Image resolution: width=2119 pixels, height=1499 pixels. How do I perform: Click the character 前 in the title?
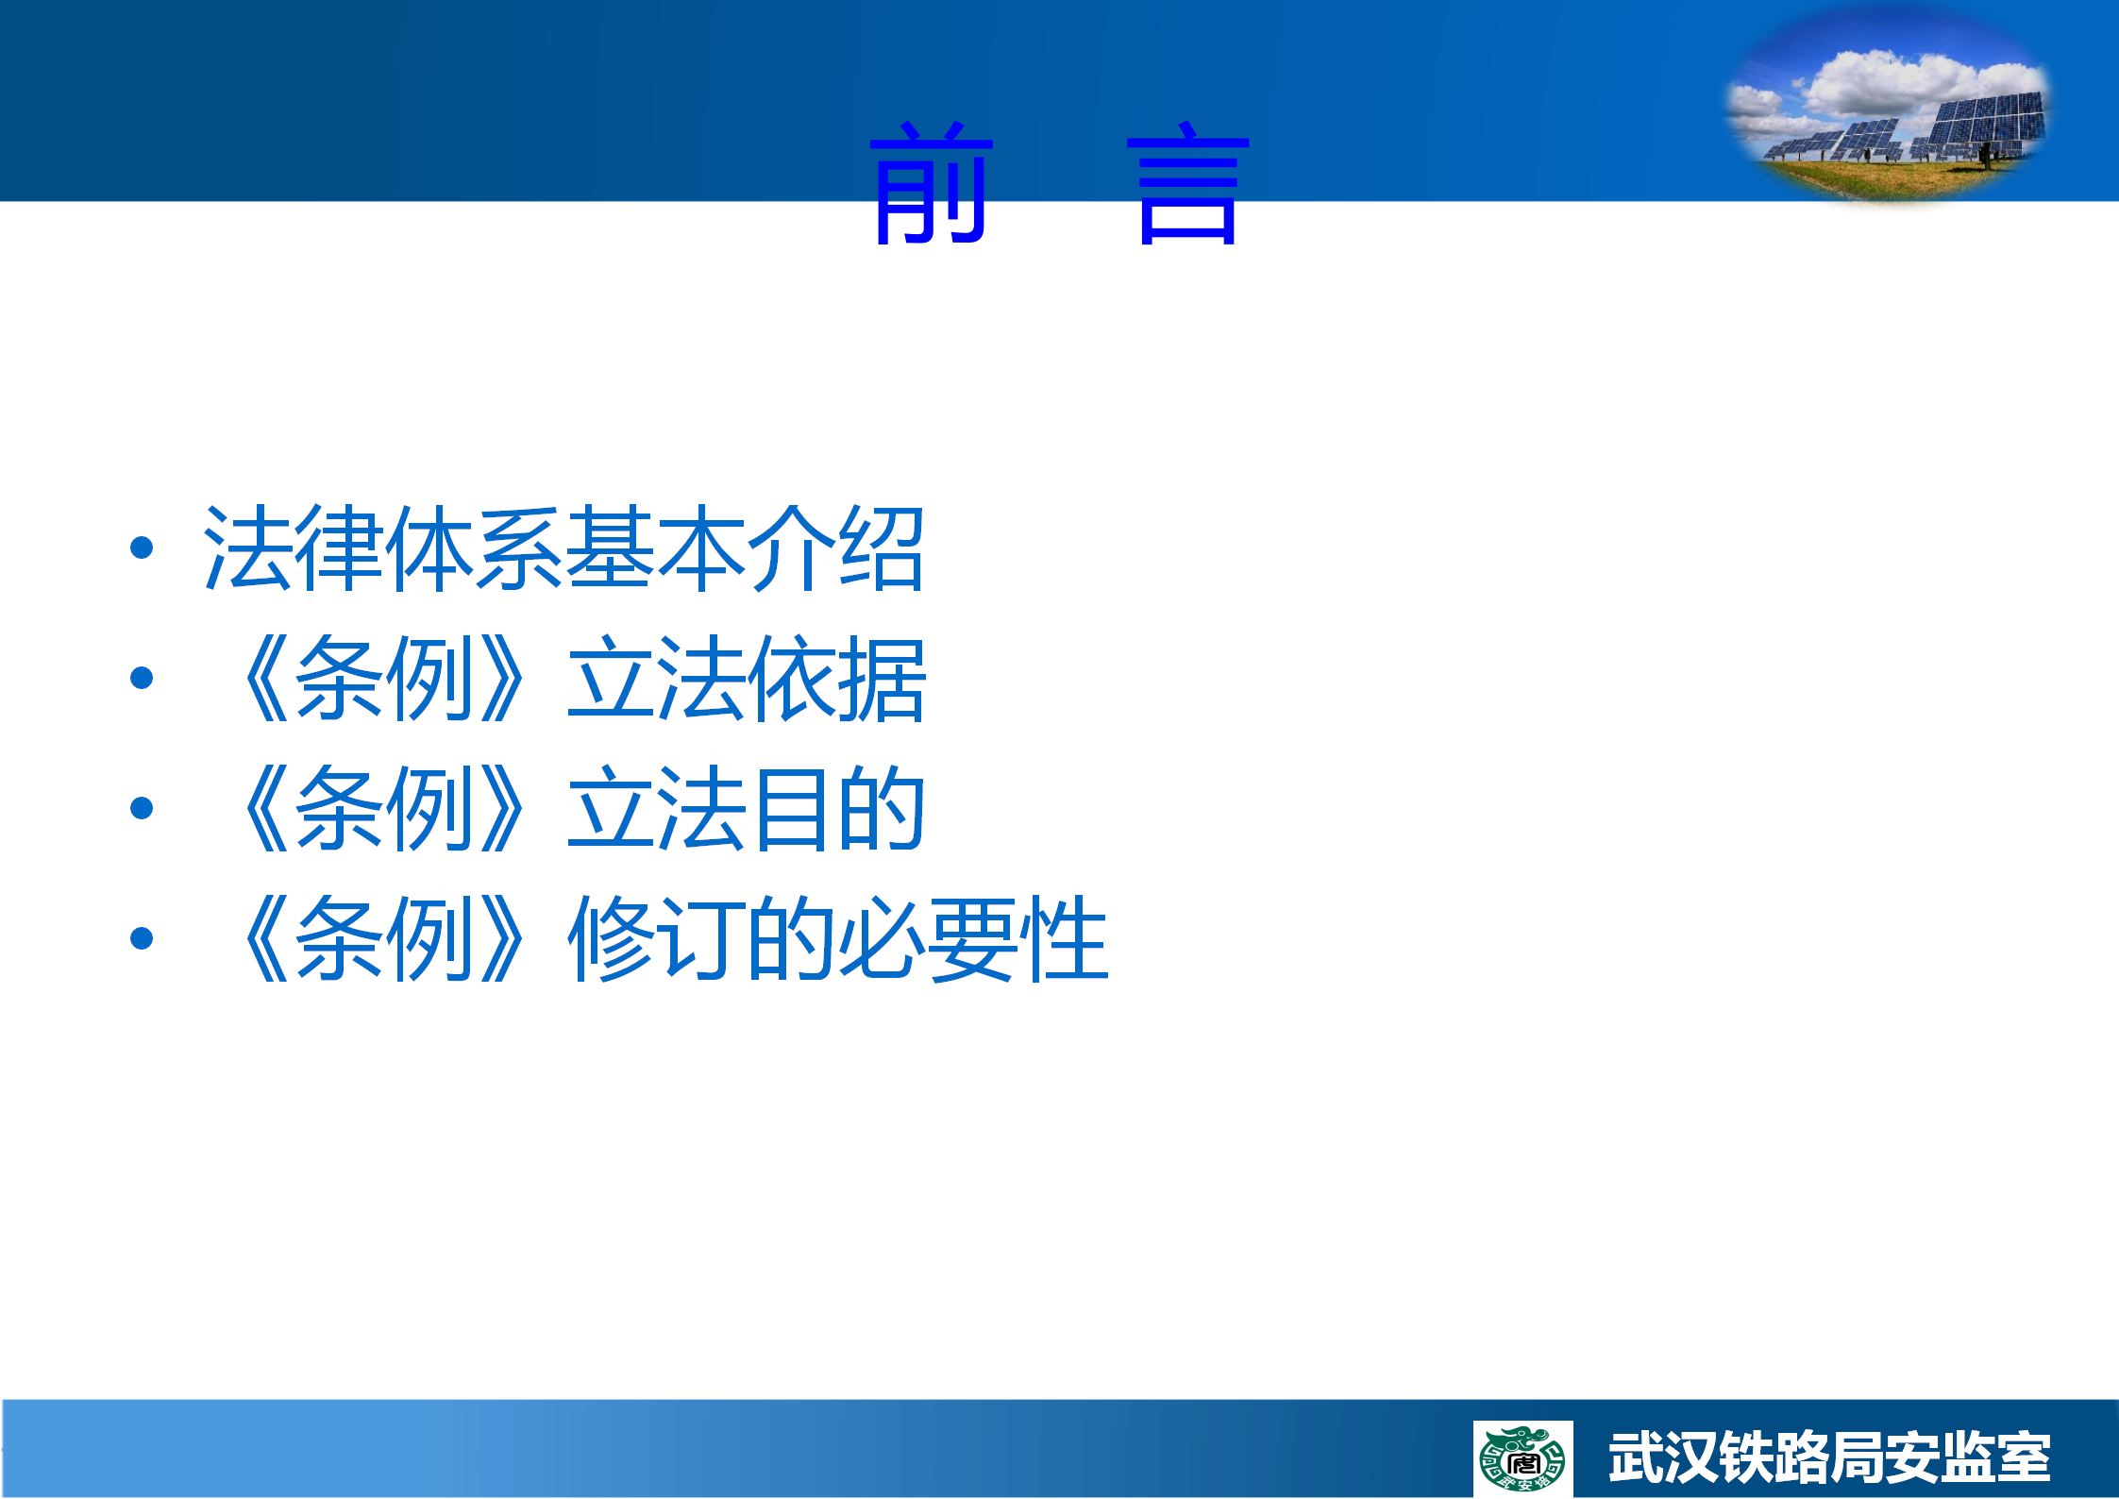(931, 182)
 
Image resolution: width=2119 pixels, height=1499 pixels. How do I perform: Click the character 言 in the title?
(1188, 182)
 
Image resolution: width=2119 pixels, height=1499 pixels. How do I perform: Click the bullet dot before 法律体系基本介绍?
(142, 547)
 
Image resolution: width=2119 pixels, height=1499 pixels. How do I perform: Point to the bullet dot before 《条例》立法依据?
(142, 678)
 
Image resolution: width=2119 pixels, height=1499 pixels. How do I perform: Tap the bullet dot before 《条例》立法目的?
(142, 808)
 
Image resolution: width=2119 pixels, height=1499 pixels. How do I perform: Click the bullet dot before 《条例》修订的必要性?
(142, 938)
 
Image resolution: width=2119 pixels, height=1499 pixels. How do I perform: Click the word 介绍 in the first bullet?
(836, 547)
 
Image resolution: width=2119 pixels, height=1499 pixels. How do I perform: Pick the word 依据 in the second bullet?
(836, 678)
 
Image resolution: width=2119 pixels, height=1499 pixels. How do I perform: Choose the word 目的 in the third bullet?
(836, 808)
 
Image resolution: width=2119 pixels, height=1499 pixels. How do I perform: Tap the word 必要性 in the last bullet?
(972, 938)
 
